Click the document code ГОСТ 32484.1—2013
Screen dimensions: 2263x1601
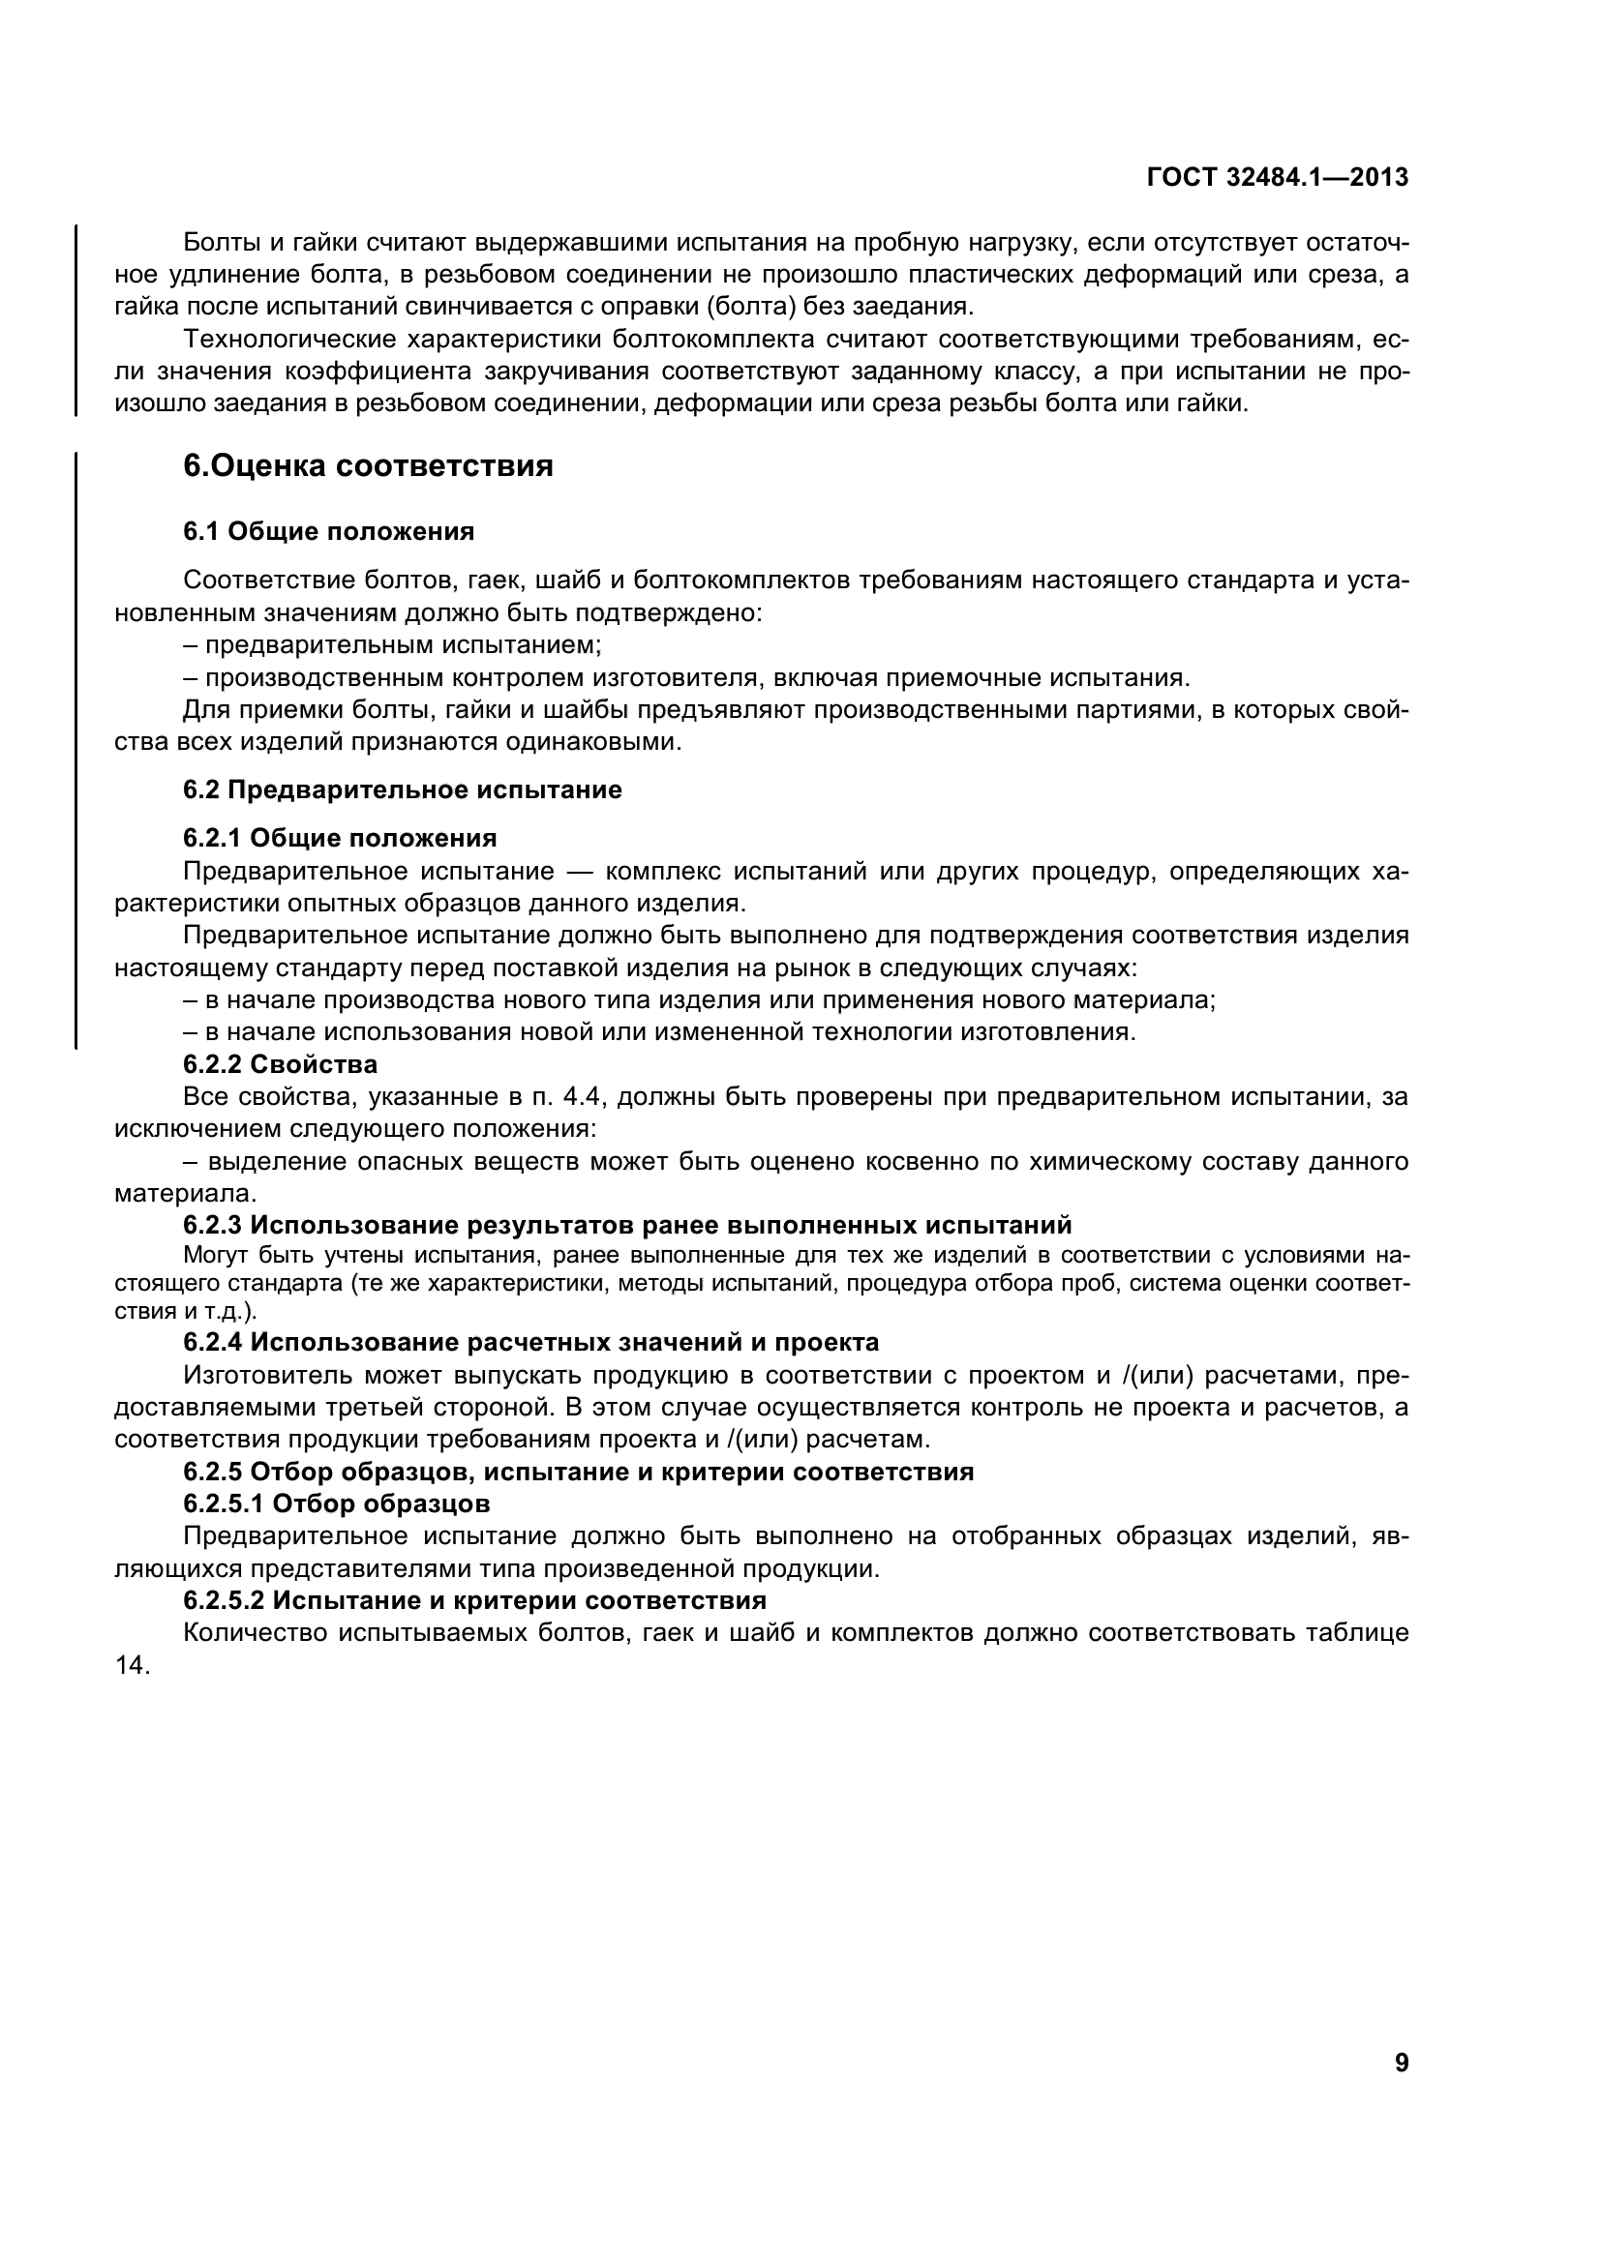point(1278,177)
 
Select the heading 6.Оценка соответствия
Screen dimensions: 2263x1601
point(368,466)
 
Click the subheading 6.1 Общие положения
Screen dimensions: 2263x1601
point(328,532)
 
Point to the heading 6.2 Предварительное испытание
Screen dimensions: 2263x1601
point(403,789)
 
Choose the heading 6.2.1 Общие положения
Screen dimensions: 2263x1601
point(339,838)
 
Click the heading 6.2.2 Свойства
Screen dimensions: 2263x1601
point(280,1064)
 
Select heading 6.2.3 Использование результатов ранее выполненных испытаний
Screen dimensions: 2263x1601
point(627,1225)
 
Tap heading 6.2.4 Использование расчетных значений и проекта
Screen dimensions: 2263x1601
point(530,1343)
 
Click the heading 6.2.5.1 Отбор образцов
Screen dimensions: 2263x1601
point(336,1504)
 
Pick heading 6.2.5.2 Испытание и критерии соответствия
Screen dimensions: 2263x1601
point(474,1599)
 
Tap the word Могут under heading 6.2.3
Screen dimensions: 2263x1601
point(215,1256)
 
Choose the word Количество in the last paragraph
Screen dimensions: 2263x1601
point(254,1633)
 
